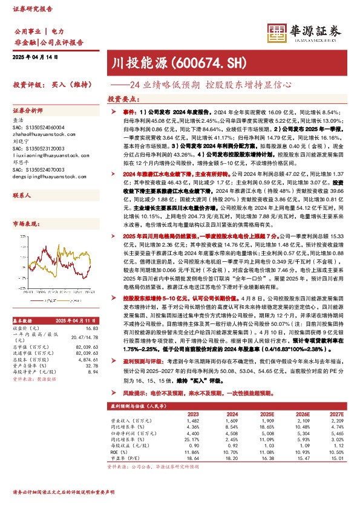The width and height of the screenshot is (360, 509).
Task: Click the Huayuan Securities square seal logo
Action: tap(277, 34)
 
